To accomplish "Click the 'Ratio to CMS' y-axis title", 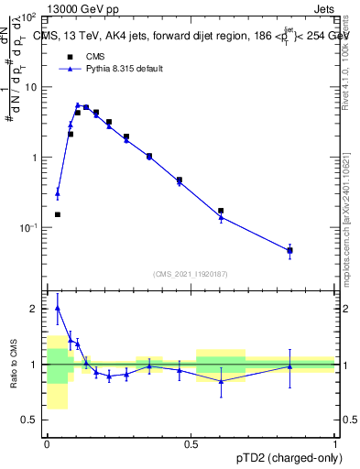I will click(13, 365).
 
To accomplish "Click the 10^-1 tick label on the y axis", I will click(29, 227).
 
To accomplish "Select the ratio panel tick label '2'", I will click(35, 309).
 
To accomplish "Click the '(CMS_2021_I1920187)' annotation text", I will click(190, 275).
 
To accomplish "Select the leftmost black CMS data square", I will click(58, 214).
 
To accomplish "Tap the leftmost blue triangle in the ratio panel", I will click(58, 308).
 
